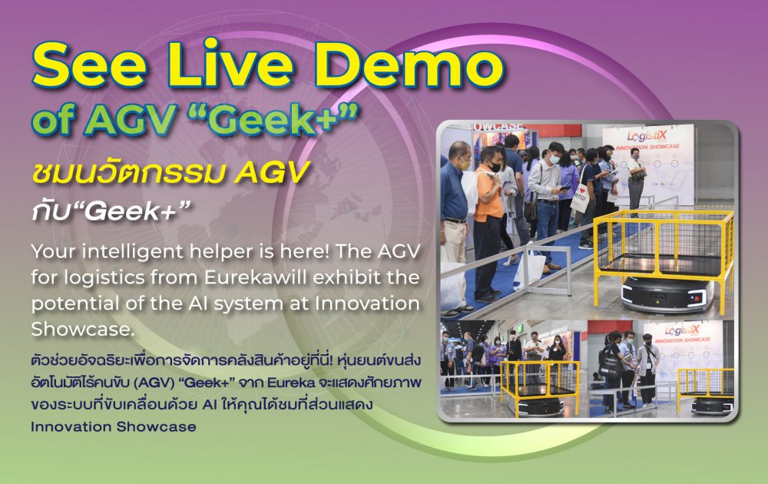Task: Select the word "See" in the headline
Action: click(88, 65)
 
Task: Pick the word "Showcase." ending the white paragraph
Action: click(82, 329)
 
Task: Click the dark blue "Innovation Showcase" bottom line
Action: click(113, 426)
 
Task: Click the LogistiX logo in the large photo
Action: click(647, 137)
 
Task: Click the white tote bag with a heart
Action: click(581, 197)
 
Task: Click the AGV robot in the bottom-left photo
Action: click(540, 405)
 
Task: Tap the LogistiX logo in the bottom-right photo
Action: click(682, 330)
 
